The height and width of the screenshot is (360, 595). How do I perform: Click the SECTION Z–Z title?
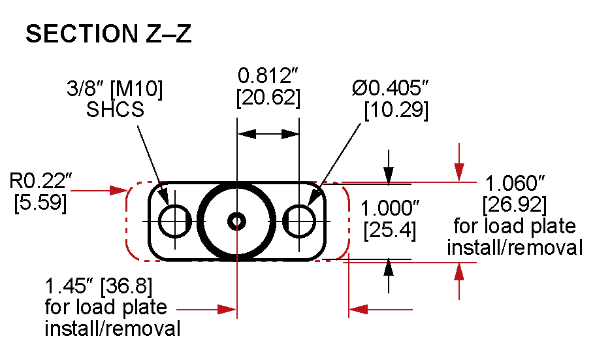pos(108,35)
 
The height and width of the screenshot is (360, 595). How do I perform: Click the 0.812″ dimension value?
pos(268,75)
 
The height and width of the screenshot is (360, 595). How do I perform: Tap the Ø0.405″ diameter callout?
pos(390,88)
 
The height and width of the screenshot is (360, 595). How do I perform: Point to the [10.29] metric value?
pos(396,110)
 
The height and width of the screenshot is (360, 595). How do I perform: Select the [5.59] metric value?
pos(40,203)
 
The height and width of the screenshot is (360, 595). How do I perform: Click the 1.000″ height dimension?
pos(390,209)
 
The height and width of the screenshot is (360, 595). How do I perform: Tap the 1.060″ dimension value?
pos(514,183)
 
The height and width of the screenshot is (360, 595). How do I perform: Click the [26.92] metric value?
pos(514,205)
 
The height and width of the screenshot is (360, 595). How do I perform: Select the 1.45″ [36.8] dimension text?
pos(95,287)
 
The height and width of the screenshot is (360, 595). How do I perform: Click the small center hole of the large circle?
pos(236,221)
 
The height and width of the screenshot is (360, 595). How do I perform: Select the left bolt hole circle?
pos(174,221)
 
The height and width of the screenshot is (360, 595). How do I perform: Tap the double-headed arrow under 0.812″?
pos(268,133)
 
